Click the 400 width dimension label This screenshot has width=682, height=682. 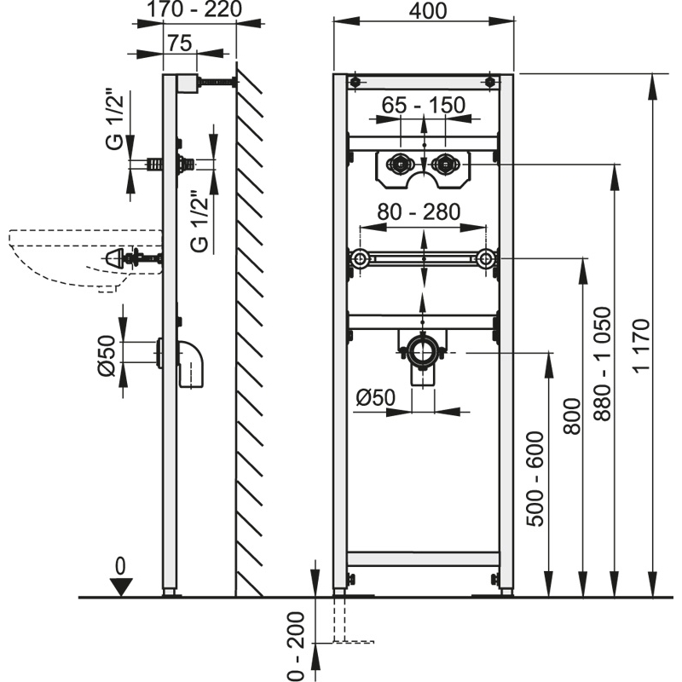coord(423,12)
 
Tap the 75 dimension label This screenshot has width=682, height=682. coord(179,43)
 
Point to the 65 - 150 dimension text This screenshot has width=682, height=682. coord(423,106)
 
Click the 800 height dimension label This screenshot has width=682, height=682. coord(572,419)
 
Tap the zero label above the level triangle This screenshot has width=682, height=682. coord(121,565)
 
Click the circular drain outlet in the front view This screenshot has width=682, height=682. coord(423,350)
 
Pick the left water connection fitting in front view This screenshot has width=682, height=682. coord(398,162)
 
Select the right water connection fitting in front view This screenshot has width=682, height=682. coord(444,162)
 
